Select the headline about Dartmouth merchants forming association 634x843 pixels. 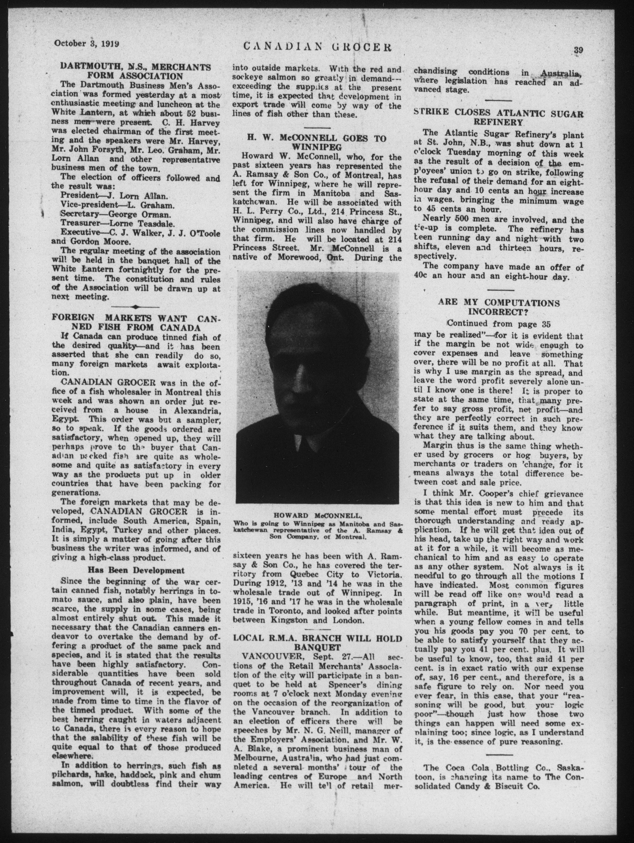point(136,71)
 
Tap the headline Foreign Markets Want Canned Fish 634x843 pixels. point(136,322)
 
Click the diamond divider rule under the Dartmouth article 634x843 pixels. point(136,307)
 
